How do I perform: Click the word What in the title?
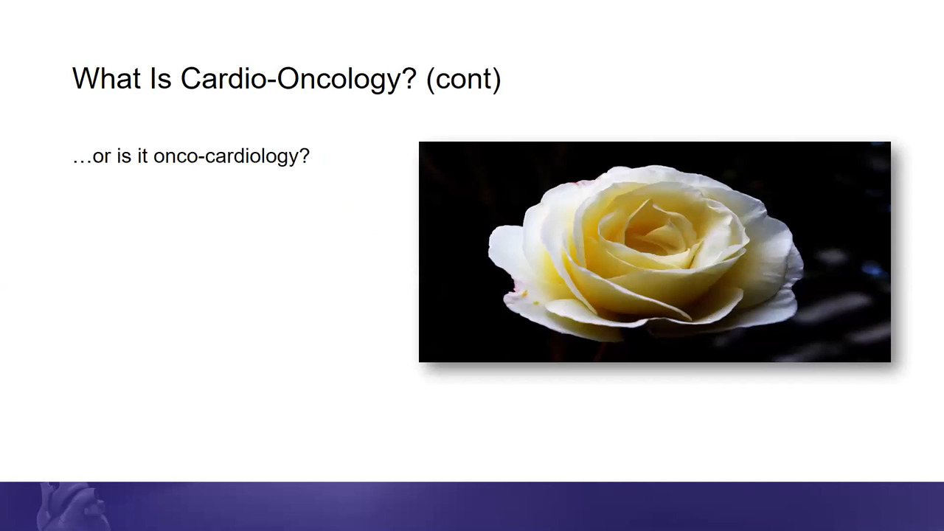[107, 78]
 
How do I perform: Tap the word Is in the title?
[161, 78]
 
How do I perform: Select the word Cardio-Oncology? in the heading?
[299, 79]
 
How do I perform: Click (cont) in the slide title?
[464, 79]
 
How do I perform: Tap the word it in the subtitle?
[142, 156]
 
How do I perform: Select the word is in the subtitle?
[125, 156]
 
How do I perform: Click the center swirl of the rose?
[657, 238]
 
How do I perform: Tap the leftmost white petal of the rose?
[506, 253]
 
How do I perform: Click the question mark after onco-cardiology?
[305, 156]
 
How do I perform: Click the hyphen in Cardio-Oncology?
[272, 82]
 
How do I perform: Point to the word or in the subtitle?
[102, 158]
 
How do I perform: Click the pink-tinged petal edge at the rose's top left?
[583, 182]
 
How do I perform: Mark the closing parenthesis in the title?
[496, 79]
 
